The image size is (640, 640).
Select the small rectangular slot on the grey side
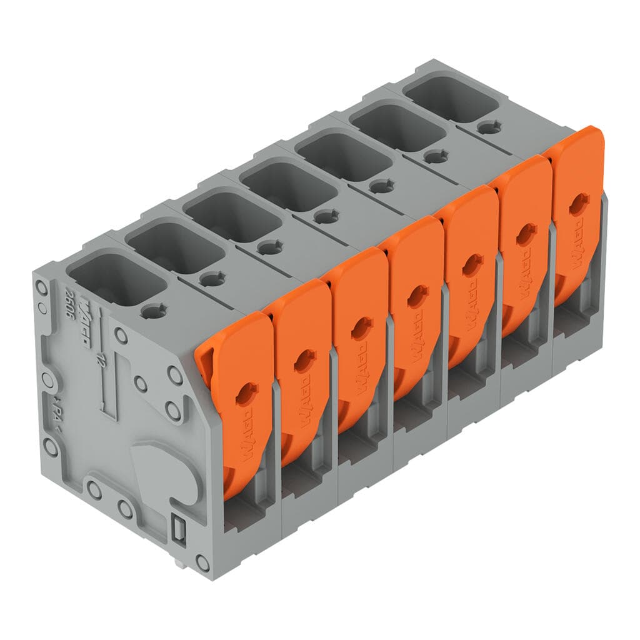point(178,529)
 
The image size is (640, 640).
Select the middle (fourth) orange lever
point(416,306)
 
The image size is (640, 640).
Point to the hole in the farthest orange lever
point(579,203)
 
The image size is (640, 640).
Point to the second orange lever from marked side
point(300,369)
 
